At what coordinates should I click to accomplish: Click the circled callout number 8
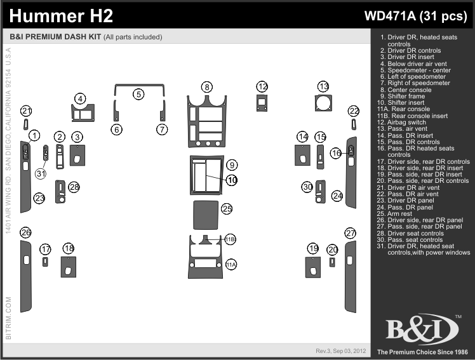click(207, 87)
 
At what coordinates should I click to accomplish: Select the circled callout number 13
click(323, 86)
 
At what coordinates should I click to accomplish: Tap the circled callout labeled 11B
click(231, 239)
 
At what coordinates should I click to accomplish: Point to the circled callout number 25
click(227, 208)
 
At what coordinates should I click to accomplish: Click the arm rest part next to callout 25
click(206, 215)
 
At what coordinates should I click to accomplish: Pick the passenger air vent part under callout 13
click(323, 103)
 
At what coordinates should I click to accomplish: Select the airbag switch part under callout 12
click(262, 103)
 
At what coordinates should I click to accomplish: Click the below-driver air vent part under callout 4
click(83, 112)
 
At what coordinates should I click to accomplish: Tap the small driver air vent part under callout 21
click(26, 124)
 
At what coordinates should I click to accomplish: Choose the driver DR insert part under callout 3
click(77, 156)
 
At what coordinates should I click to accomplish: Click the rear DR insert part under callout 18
click(69, 267)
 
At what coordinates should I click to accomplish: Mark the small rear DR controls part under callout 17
click(45, 262)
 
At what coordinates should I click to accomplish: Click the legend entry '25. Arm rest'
click(394, 213)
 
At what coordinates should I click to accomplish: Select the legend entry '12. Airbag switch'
click(401, 123)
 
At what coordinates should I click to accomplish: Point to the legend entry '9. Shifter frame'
click(403, 97)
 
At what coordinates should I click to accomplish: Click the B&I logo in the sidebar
click(422, 329)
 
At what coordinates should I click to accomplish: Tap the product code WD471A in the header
click(390, 15)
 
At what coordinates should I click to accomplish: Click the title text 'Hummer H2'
click(61, 16)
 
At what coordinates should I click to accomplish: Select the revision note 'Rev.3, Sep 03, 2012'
click(341, 351)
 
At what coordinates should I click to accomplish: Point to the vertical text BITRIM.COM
click(8, 318)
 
